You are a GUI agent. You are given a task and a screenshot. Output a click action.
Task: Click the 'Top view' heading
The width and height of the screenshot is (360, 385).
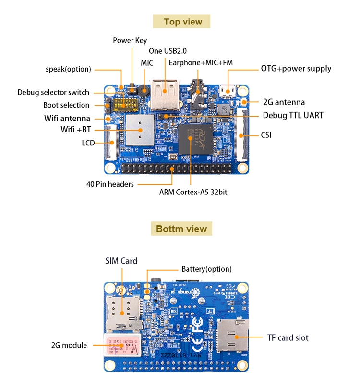click(x=183, y=22)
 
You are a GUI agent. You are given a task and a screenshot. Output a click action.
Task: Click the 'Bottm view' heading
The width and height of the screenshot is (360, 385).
click(x=181, y=229)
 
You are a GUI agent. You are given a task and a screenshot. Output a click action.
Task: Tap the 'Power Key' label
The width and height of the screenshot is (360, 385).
click(x=130, y=40)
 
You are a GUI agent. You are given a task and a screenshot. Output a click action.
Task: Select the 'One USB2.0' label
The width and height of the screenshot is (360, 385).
click(x=168, y=51)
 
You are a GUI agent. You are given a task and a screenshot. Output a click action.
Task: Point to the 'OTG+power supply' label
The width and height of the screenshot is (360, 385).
click(x=296, y=68)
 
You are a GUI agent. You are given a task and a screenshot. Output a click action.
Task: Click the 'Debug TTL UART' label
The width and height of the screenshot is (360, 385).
click(x=293, y=115)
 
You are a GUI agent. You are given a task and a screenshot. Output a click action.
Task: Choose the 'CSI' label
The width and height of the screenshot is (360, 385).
click(x=266, y=135)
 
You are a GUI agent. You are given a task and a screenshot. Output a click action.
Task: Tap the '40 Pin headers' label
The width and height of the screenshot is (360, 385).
click(x=110, y=184)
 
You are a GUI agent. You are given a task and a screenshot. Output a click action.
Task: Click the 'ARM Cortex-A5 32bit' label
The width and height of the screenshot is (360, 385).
click(x=193, y=192)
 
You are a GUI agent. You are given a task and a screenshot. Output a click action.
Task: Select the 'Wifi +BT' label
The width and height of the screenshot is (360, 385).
click(x=76, y=129)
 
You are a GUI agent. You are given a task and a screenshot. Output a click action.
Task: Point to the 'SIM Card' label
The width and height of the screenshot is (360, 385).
click(x=121, y=261)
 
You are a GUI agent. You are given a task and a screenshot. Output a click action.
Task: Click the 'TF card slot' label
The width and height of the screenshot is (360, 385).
click(x=288, y=337)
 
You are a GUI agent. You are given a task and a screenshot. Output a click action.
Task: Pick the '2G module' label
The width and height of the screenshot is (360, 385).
click(x=69, y=345)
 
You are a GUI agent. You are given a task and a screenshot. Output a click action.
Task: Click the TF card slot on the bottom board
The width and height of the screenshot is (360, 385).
click(x=233, y=336)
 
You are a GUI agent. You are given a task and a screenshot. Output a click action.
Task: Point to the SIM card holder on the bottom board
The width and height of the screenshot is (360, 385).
click(x=123, y=313)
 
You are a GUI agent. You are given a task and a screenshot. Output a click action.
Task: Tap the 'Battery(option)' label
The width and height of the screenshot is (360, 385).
click(x=206, y=269)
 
